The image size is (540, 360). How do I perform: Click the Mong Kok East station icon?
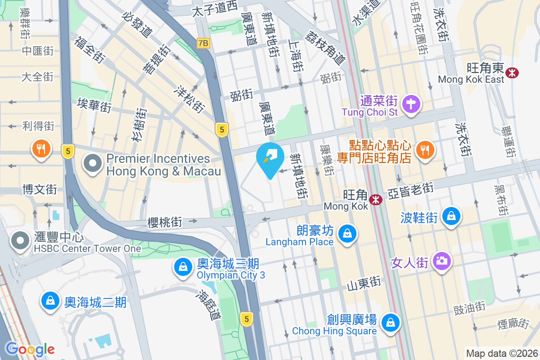[512, 72]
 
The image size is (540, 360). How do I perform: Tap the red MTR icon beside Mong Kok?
[375, 199]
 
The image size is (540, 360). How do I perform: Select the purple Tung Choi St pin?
[410, 103]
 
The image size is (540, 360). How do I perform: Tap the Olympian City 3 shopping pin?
[183, 267]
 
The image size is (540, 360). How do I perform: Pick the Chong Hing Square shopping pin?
[391, 323]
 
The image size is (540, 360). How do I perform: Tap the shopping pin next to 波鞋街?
[450, 216]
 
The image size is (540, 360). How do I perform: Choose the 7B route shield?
[203, 43]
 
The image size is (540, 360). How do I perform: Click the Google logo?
[30, 349]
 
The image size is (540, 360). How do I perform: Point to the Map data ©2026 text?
[502, 353]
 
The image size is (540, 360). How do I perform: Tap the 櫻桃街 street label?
[165, 222]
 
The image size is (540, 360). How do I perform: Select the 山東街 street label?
[364, 283]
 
